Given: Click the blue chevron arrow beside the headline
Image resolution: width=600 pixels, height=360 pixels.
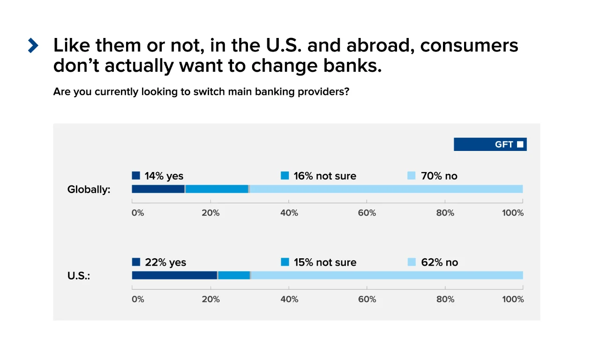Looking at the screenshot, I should tap(33, 45).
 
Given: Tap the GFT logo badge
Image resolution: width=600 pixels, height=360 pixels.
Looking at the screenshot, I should tap(490, 144).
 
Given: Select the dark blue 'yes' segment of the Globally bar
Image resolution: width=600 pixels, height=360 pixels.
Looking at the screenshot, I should tap(158, 189).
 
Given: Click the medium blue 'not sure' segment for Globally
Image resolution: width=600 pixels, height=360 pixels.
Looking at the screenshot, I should tap(217, 189).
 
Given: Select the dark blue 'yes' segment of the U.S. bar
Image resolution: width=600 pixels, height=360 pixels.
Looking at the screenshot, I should tap(174, 275).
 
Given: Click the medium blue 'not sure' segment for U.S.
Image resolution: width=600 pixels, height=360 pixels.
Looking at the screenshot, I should tap(234, 275).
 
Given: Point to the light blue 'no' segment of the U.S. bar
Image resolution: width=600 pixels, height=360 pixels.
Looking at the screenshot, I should tap(387, 275).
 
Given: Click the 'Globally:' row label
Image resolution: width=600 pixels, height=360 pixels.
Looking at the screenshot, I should tap(89, 190).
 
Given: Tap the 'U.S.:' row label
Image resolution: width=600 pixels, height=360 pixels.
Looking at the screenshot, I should tap(79, 276).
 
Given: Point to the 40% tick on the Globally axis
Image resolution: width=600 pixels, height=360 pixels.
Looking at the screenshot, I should tap(289, 213).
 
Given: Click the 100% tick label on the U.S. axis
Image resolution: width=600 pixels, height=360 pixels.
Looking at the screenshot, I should tap(513, 299).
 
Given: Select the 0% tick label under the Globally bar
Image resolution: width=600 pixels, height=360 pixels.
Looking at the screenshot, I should tap(138, 213).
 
